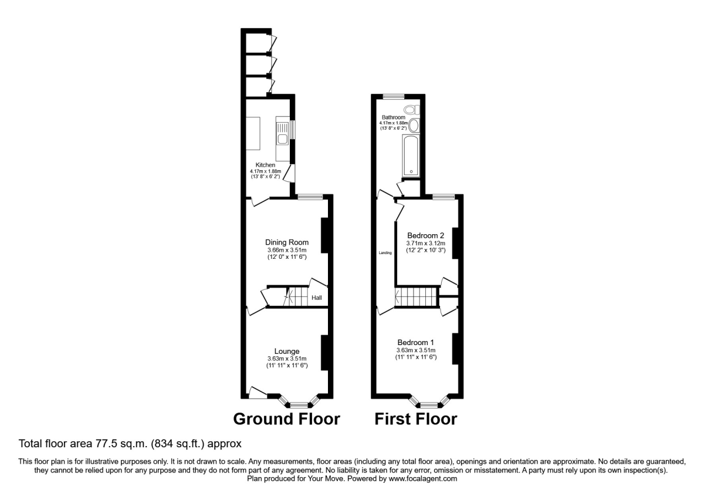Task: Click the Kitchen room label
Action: tap(265, 165)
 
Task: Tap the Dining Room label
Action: tap(287, 242)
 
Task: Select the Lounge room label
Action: tap(287, 352)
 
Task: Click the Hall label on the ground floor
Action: tap(317, 298)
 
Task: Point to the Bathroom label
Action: tap(394, 117)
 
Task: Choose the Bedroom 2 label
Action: tap(426, 236)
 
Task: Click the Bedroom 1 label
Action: tap(416, 343)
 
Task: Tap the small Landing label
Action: tap(385, 253)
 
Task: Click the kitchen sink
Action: tap(282, 139)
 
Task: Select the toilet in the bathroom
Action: tap(411, 109)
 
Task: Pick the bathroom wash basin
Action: tap(414, 125)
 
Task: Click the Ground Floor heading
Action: tap(286, 419)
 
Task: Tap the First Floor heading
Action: tap(415, 419)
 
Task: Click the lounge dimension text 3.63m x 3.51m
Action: tap(287, 359)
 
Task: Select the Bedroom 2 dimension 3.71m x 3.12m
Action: tap(426, 244)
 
